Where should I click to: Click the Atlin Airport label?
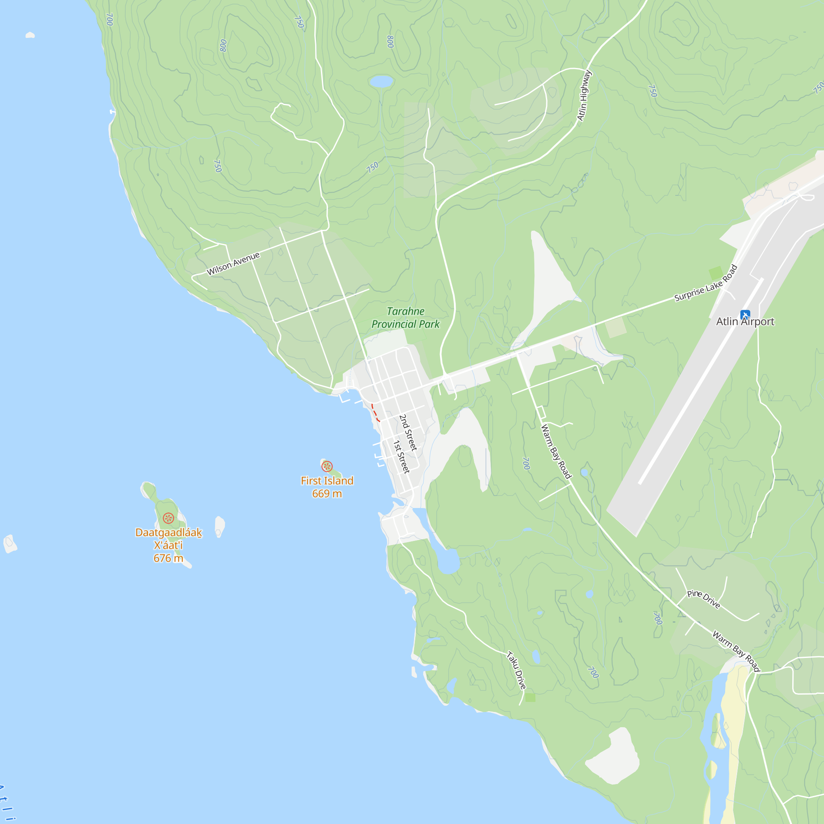pos(744,322)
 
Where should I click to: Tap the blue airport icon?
pos(745,315)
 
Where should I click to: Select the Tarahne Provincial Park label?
pos(405,318)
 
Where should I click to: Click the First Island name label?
pos(327,481)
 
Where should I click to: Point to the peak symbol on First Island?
pos(327,466)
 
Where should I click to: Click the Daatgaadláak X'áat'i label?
pos(169,538)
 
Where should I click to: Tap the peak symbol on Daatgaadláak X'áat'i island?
pos(169,518)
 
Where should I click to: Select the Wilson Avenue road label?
pos(233,264)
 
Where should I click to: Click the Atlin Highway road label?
pos(584,96)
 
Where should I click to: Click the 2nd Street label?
pos(408,433)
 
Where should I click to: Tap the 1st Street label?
pos(401,457)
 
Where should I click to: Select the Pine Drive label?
pos(704,599)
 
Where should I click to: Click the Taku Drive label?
pos(517,670)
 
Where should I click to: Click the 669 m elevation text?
pos(327,494)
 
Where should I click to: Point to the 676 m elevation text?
pos(169,558)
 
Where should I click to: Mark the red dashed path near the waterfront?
pos(375,413)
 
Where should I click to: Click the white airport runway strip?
pos(700,382)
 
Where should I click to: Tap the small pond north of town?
pos(381,81)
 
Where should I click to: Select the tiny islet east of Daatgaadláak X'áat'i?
pos(220,526)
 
